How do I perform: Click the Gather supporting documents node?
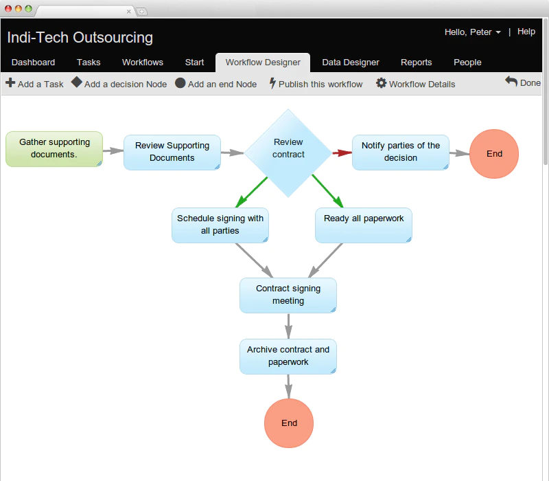[54, 149]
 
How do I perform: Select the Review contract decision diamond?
[288, 153]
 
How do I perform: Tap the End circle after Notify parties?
[494, 154]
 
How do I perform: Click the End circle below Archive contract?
[289, 423]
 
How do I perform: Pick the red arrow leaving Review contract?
[342, 153]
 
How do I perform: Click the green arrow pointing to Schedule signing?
[251, 192]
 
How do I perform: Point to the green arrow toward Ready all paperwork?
[327, 191]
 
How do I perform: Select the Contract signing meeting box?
[288, 295]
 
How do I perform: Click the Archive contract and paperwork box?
[288, 356]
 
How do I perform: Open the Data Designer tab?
[351, 63]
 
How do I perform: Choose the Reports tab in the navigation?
[417, 63]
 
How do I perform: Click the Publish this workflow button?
[316, 84]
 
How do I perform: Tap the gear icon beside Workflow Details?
[381, 83]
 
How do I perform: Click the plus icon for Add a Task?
[10, 82]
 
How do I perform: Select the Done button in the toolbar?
[523, 82]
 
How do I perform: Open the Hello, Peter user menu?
[472, 32]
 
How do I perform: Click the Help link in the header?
[526, 32]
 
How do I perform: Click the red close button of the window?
[8, 9]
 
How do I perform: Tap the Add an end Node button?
[215, 84]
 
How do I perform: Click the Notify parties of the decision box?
[401, 153]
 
